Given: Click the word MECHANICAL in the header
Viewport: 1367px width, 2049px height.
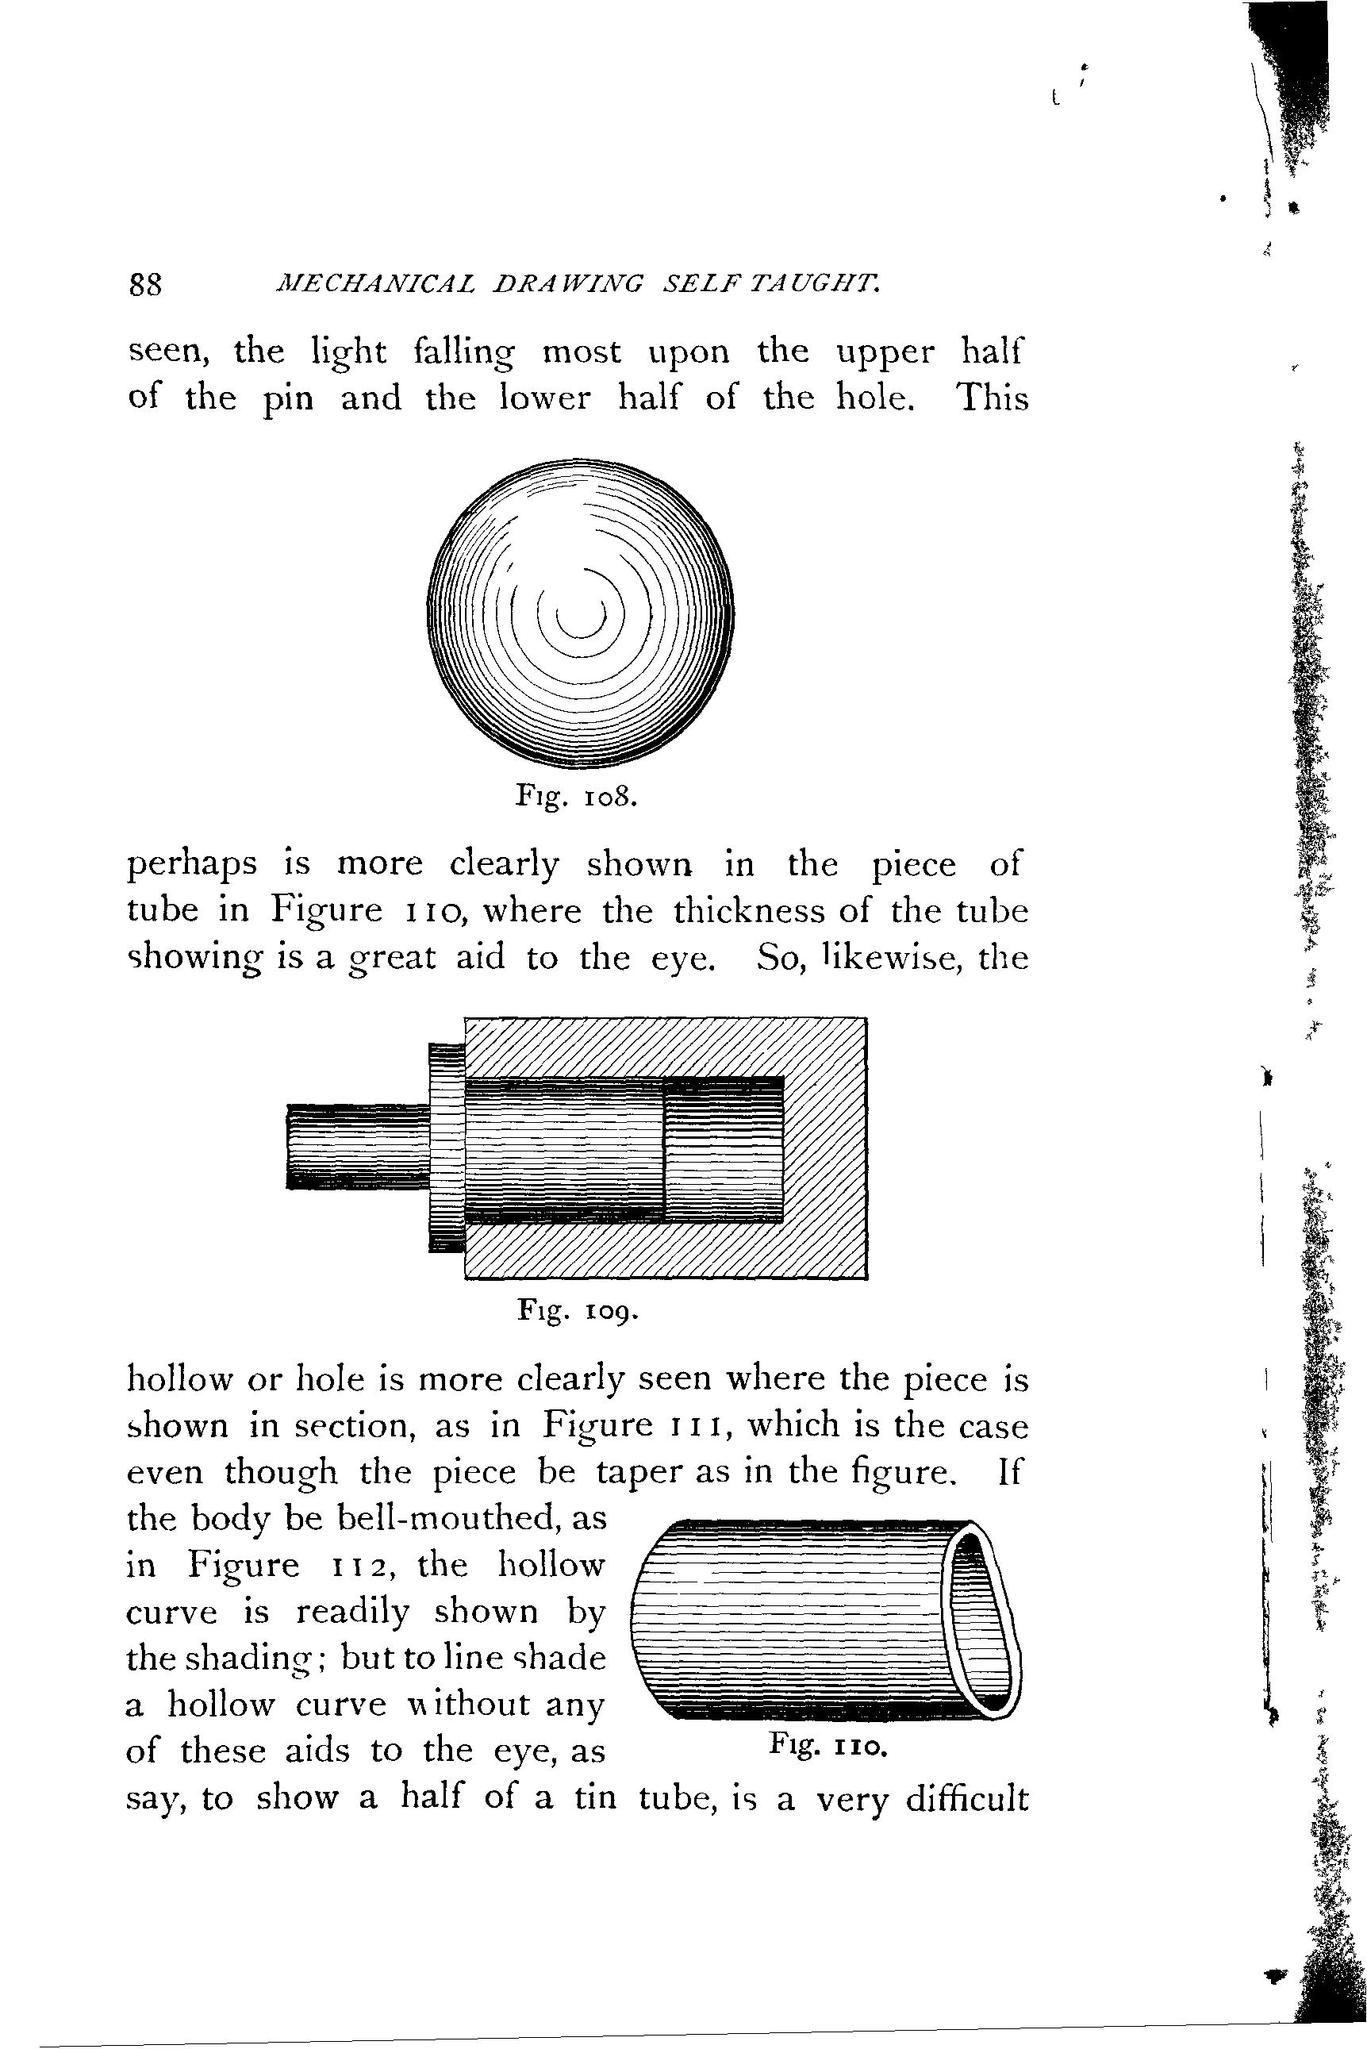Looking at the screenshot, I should (x=375, y=283).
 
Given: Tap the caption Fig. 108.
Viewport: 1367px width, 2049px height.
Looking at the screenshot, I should (x=577, y=796).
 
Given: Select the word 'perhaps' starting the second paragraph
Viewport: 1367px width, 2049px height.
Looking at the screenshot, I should (x=192, y=865).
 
